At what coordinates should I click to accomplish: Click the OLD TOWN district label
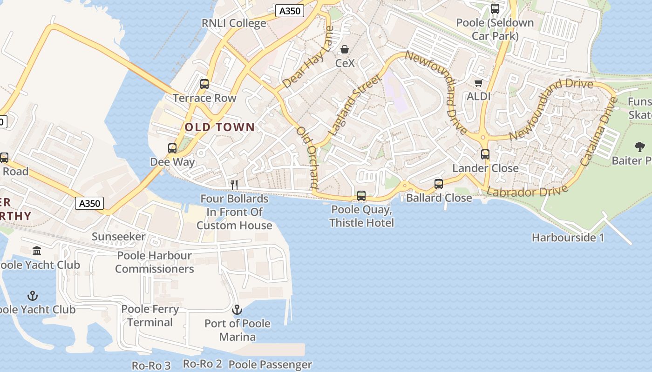[x=220, y=127]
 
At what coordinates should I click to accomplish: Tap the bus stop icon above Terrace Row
[x=204, y=84]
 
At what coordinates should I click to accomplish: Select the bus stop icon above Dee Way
[x=172, y=148]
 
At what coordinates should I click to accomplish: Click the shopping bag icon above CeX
[x=345, y=49]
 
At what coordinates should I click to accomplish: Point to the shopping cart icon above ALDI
[x=478, y=83]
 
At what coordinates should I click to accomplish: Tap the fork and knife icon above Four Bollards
[x=234, y=185]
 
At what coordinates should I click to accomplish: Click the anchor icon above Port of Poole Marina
[x=237, y=310]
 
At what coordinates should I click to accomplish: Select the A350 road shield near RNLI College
[x=289, y=11]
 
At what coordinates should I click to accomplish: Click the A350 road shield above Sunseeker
[x=89, y=203]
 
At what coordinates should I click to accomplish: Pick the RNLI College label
[x=234, y=23]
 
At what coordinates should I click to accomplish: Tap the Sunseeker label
[x=118, y=237]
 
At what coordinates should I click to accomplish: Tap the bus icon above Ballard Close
[x=439, y=184]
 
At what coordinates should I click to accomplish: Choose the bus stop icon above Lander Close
[x=485, y=154]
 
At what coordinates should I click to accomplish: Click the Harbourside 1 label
[x=568, y=238]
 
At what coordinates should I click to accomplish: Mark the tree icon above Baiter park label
[x=640, y=147]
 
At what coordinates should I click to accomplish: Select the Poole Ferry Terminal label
[x=150, y=316]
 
